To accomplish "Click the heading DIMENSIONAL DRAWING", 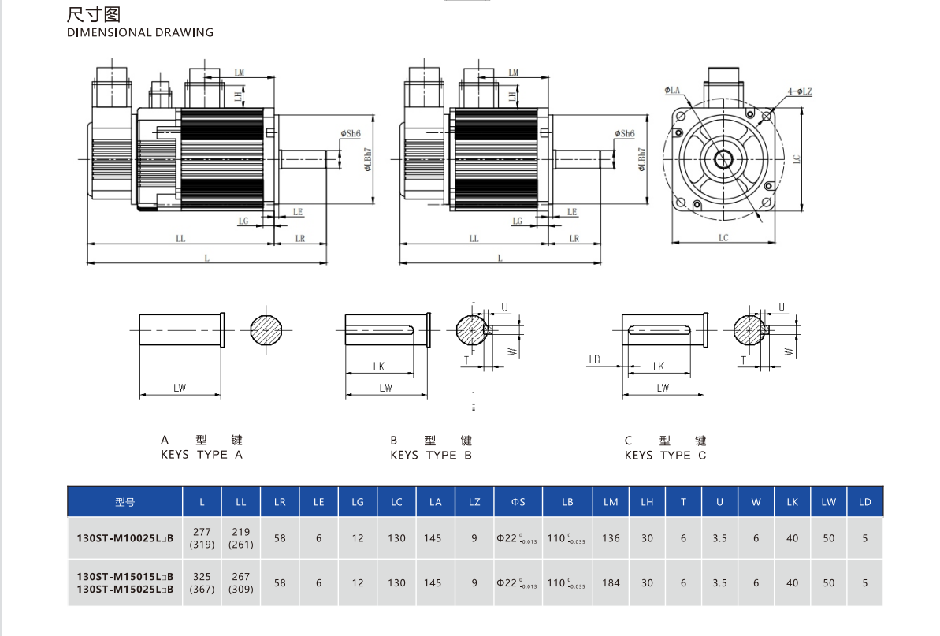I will (140, 33).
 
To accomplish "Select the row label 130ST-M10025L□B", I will (125, 538).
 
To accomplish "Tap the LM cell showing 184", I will (611, 583).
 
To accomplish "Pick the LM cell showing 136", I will (611, 538).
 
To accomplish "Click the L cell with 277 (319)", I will (202, 538).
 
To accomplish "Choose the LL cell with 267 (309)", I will (240, 583).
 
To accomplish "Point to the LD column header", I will (864, 502).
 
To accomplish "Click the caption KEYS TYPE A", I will (202, 455).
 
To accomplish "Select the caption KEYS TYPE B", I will (431, 455).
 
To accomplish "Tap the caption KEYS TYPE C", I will (666, 455).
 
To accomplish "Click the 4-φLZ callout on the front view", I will (799, 92).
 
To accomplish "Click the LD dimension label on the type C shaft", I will (594, 359).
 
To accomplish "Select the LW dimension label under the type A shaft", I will (180, 387).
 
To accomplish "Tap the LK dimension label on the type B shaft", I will (378, 366).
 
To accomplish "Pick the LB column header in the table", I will (567, 502).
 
